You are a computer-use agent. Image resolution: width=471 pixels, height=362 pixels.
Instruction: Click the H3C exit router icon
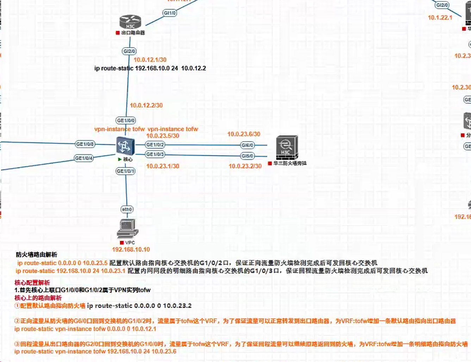click(x=130, y=22)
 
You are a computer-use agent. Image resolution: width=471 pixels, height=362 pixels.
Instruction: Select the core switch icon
click(x=125, y=146)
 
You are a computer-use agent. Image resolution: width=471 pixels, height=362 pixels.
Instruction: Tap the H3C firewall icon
click(x=287, y=148)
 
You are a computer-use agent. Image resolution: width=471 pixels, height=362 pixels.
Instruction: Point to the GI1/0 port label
click(x=170, y=13)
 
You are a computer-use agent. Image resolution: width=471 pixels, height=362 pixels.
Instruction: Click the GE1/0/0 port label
click(x=126, y=120)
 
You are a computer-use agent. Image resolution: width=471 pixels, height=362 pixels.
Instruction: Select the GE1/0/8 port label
click(x=85, y=144)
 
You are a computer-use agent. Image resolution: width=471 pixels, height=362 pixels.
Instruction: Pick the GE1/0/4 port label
click(x=84, y=158)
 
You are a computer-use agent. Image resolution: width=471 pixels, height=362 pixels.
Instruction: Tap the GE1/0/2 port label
click(x=155, y=145)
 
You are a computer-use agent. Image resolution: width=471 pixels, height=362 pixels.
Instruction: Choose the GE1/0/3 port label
click(x=155, y=154)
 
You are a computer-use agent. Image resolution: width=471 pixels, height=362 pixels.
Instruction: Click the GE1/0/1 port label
click(x=126, y=171)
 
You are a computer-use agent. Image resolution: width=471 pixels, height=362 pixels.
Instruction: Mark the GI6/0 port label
click(x=247, y=145)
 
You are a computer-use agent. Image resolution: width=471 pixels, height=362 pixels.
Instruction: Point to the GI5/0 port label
click(x=247, y=156)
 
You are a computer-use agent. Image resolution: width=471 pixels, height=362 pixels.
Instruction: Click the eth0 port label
click(x=127, y=209)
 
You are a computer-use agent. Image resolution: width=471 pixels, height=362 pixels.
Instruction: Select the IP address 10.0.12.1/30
click(x=150, y=60)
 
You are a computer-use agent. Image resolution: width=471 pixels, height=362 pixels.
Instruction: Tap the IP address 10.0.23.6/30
click(x=244, y=134)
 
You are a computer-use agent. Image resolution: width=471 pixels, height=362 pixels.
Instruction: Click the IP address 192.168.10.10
click(x=131, y=249)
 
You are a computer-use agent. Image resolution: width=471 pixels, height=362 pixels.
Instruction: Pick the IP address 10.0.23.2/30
click(x=245, y=166)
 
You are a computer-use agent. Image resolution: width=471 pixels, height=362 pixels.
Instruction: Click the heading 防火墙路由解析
click(x=36, y=255)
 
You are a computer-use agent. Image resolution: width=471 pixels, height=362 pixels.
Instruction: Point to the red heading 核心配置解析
click(x=32, y=282)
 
